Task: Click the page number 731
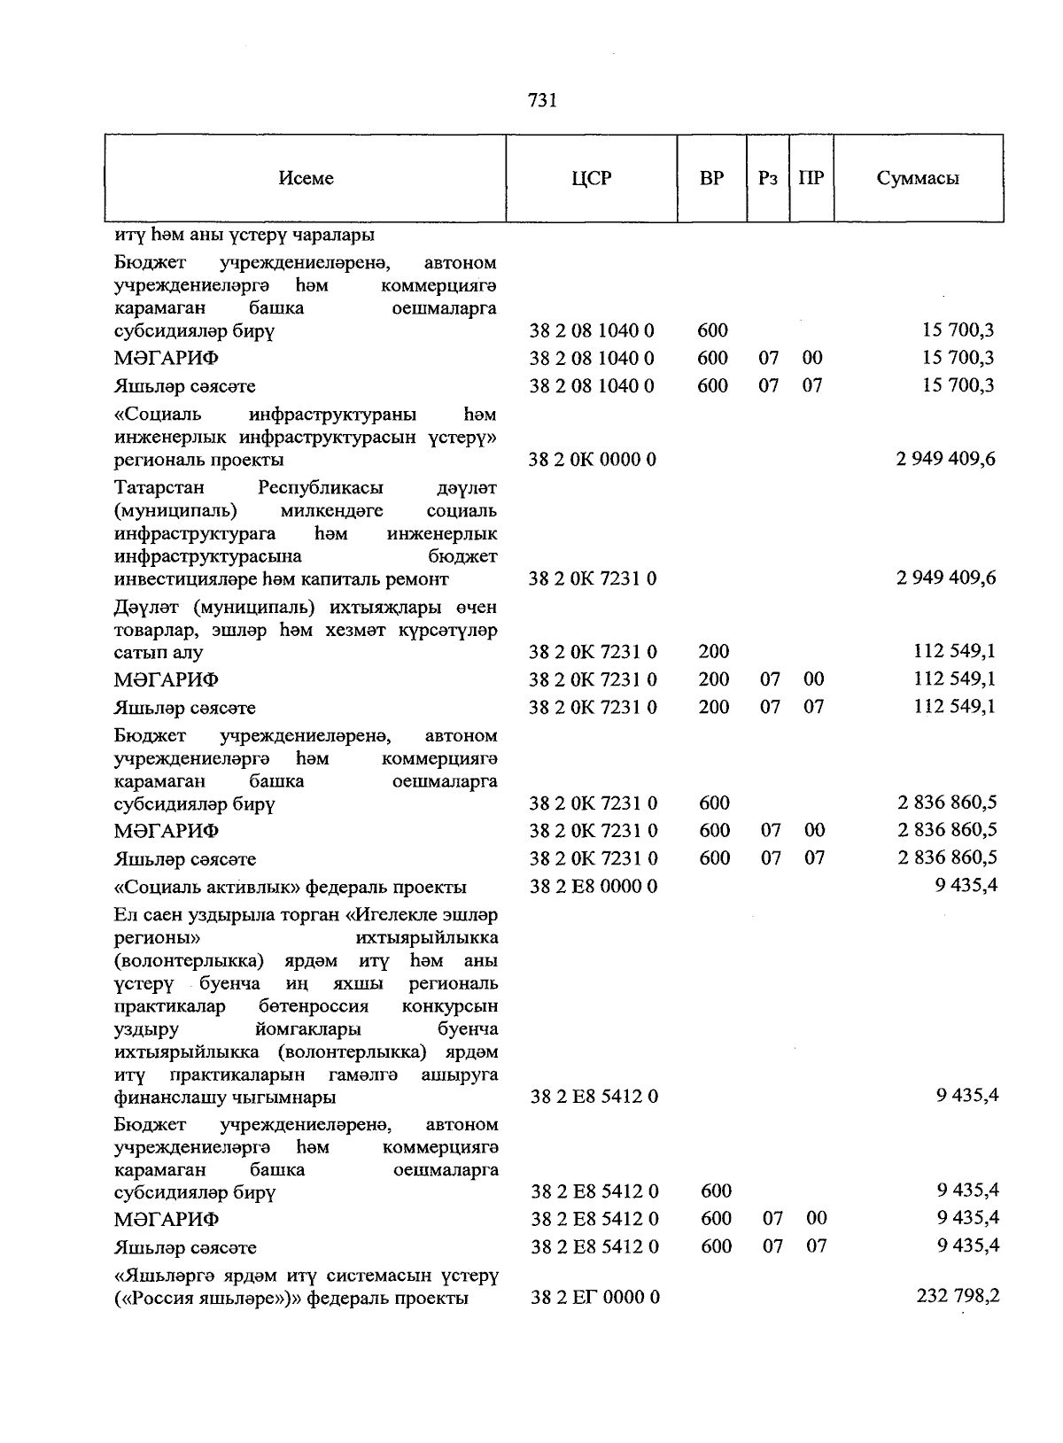point(541,101)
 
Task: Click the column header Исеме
point(306,178)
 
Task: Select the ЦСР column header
point(591,178)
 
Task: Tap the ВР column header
point(711,178)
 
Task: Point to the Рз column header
point(767,178)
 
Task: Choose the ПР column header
point(811,178)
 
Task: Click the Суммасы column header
point(918,178)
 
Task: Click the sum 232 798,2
point(957,1296)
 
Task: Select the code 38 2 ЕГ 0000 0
point(595,1298)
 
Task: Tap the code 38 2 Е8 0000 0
point(594,886)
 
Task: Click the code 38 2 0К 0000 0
point(593,460)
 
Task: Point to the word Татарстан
point(159,488)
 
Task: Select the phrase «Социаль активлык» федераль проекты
point(291,887)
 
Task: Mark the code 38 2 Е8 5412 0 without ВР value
point(594,1097)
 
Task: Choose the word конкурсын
point(449,1006)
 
